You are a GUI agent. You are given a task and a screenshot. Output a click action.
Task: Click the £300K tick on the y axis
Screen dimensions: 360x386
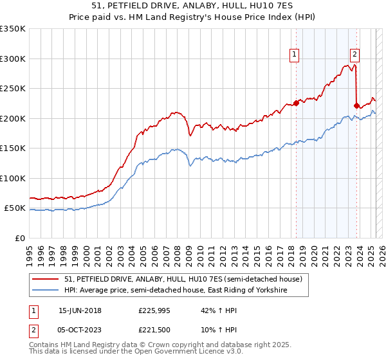coord(13,59)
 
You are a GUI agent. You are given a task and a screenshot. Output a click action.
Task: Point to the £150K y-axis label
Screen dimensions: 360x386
coord(13,148)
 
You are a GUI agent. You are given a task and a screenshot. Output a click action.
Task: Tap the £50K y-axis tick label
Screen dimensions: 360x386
coord(15,208)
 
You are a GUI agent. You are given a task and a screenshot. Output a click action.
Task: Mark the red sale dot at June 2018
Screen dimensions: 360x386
coord(296,103)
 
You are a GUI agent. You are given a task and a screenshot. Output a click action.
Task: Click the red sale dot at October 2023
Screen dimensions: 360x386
coord(356,105)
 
